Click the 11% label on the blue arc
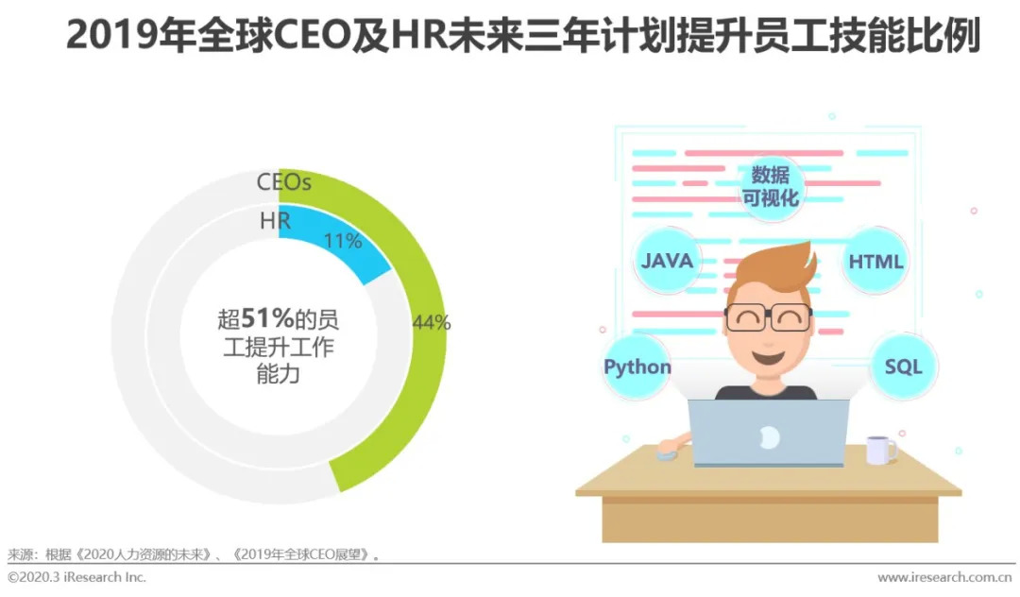pos(343,241)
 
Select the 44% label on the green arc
pos(432,322)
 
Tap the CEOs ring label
pos(283,182)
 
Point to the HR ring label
pos(275,221)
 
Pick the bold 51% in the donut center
pos(267,318)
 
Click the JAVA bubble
pos(667,261)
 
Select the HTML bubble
pos(875,262)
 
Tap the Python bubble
pos(637,367)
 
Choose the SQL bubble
pos(904,367)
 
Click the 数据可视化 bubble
pos(771,187)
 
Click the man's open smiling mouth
pos(768,356)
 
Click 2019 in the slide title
pos(111,35)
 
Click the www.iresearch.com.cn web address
pos(944,577)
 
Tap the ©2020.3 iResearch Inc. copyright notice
pos(76,577)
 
